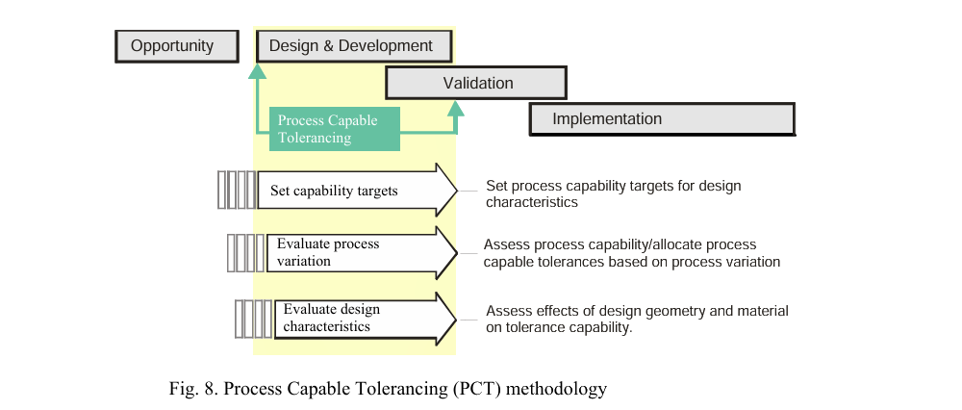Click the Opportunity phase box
tap(177, 45)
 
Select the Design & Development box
tap(351, 45)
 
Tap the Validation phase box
tap(478, 83)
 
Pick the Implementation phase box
tap(661, 119)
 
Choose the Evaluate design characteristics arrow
tap(366, 318)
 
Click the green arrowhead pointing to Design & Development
tap(257, 70)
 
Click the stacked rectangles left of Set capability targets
tap(237, 191)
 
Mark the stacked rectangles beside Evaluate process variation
tap(244, 252)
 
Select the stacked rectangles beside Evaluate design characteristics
tap(254, 319)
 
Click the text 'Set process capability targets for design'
tap(613, 186)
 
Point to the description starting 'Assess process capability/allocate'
tap(620, 244)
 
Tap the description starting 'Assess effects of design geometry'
tap(637, 311)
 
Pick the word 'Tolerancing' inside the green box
tap(315, 138)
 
